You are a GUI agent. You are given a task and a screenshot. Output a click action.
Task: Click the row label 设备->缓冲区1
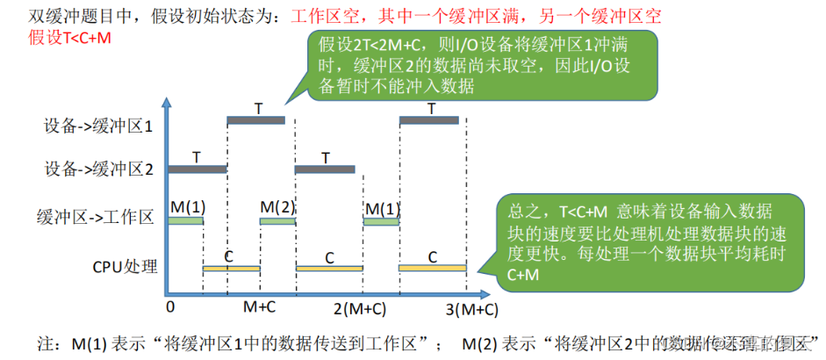(98, 126)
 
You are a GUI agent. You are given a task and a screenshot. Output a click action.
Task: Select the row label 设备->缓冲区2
(98, 169)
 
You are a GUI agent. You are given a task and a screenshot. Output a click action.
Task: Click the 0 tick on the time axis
(171, 307)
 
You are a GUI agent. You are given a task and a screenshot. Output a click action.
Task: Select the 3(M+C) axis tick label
(470, 308)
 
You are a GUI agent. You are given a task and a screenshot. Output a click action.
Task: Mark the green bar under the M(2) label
(277, 221)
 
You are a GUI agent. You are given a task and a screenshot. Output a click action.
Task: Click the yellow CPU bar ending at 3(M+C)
(433, 267)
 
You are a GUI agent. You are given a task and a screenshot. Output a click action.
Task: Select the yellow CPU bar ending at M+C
(232, 267)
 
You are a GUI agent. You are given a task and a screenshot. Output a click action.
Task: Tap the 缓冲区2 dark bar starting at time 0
(198, 168)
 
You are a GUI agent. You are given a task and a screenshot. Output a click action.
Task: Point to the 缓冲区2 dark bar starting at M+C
(325, 168)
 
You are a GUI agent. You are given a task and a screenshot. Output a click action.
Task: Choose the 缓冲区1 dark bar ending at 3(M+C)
(428, 119)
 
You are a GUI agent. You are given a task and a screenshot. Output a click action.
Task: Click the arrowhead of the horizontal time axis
(484, 292)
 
